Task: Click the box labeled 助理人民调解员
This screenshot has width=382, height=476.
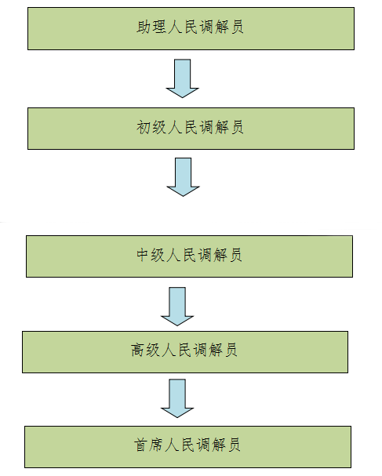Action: tap(191, 28)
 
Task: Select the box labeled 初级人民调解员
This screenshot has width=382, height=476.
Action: tap(191, 129)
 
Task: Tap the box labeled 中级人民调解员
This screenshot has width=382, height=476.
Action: tap(189, 256)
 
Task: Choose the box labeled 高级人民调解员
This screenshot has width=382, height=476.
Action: tap(185, 352)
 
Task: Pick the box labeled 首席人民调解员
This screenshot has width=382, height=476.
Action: tap(187, 447)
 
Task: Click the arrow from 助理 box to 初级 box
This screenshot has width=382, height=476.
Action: tap(183, 78)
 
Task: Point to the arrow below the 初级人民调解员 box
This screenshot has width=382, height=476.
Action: tap(183, 177)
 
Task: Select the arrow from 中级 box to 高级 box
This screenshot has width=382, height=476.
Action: tap(177, 307)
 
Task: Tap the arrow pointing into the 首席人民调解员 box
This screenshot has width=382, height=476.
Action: tap(177, 398)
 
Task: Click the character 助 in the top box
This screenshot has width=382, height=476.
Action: tap(144, 27)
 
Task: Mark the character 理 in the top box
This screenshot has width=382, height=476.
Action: tap(159, 27)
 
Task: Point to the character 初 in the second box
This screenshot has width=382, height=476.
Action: tap(144, 127)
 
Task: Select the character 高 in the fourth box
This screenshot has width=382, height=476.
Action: tap(137, 350)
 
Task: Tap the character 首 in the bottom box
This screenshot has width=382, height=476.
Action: tap(140, 445)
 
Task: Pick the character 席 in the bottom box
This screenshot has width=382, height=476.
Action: tap(156, 445)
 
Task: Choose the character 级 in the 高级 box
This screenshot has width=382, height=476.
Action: tap(153, 350)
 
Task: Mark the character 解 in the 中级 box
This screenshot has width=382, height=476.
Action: tap(220, 255)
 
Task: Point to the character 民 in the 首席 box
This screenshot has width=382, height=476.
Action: tap(188, 445)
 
